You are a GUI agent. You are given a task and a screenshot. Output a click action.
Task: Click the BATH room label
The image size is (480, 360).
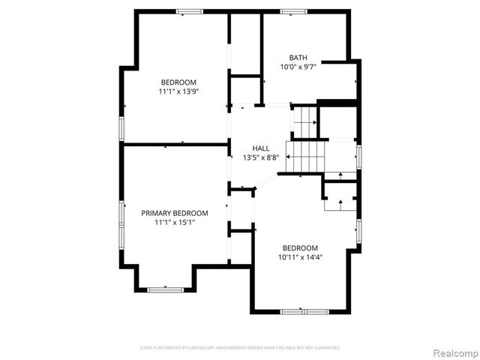[298, 57]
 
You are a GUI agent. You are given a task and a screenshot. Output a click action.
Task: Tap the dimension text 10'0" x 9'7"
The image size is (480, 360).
[298, 67]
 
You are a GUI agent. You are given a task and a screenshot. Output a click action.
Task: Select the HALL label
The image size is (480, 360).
[261, 148]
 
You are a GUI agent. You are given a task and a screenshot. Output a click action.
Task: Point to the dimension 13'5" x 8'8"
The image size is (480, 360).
[261, 157]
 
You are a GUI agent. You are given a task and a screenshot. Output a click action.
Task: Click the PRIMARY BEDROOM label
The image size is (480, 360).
[175, 213]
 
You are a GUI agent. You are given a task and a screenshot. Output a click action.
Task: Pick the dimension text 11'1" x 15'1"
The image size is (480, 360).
[175, 223]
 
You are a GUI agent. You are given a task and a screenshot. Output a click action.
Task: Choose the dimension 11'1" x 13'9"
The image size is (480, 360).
[178, 91]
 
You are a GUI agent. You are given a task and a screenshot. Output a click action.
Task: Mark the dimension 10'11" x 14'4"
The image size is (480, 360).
[300, 257]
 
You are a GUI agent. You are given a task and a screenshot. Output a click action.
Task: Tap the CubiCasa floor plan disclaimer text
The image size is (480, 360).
[240, 348]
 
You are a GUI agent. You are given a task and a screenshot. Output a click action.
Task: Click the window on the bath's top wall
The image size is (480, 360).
[293, 11]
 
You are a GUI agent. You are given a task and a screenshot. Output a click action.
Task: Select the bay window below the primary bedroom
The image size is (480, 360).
[165, 289]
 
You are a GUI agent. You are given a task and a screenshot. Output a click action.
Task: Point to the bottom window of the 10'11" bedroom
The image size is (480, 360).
[303, 311]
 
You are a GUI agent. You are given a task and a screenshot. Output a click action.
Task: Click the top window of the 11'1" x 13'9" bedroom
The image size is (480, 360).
[190, 11]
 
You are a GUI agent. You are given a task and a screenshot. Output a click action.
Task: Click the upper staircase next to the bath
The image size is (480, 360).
[305, 120]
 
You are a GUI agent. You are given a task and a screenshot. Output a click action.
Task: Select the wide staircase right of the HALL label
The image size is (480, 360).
[305, 156]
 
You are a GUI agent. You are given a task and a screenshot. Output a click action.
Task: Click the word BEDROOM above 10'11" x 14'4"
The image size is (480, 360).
[300, 248]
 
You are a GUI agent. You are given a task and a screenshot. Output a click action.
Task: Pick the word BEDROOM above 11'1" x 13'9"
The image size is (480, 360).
[178, 82]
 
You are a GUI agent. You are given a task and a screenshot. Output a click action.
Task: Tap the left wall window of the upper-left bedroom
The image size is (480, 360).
[121, 127]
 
